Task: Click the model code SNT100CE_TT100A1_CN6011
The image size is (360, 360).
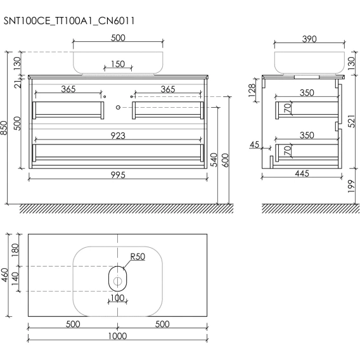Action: coord(69,21)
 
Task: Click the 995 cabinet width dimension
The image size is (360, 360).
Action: coord(118,175)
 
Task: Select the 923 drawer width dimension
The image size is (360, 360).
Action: coord(118,136)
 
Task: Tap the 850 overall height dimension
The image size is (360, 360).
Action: coord(4,128)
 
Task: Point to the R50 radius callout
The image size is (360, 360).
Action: coord(138,257)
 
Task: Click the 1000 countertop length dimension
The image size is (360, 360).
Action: coord(117,336)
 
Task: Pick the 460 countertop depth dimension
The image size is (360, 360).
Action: coord(4,274)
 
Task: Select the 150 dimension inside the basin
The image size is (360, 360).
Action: coord(118,64)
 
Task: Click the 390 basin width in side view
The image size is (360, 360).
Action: coord(309,39)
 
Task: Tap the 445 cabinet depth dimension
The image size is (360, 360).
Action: coord(302,173)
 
